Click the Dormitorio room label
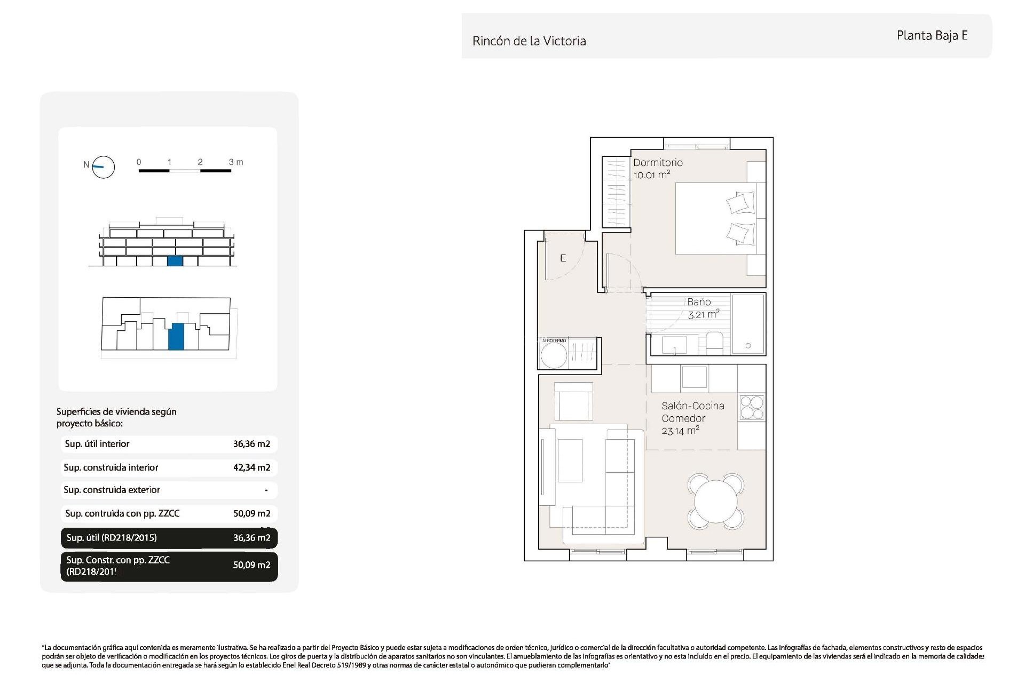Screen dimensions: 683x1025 click(658, 163)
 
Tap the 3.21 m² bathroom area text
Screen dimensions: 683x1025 click(703, 314)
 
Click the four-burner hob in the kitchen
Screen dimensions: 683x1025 click(752, 408)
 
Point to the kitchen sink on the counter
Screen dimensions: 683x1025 click(694, 377)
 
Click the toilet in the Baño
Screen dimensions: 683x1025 click(714, 343)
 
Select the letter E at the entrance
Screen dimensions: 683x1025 click(563, 258)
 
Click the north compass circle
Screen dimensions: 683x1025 click(103, 167)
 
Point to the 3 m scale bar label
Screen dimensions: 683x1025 click(235, 162)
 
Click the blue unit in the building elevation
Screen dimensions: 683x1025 click(175, 261)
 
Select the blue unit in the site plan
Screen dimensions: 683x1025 click(176, 336)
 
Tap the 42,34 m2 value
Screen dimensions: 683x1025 click(251, 467)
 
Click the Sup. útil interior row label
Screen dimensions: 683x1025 click(97, 444)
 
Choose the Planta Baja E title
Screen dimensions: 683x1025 click(932, 36)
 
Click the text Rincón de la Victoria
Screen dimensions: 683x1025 click(529, 41)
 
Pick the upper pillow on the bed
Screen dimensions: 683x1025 click(740, 203)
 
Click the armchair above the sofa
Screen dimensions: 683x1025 click(573, 401)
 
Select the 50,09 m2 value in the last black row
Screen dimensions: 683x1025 click(251, 565)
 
